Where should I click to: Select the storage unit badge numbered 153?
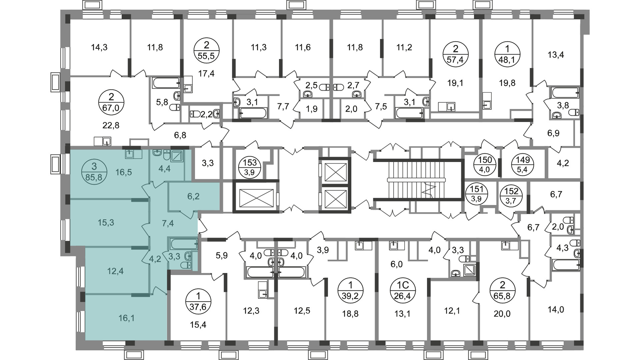pos(250,167)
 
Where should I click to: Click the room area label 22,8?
pos(111,125)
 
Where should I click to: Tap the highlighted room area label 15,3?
pos(106,222)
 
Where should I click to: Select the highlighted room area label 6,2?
pos(193,196)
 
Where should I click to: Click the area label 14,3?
pos(99,47)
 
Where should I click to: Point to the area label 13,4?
pos(556,54)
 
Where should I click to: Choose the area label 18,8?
pos(350,314)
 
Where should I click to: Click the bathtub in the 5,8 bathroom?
pos(167,83)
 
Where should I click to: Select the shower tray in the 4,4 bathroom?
pos(177,156)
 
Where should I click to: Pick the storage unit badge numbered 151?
pos(477,194)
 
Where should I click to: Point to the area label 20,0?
pos(502,314)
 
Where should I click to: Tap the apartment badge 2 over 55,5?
pos(207,50)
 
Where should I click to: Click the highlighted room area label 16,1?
pos(127,318)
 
